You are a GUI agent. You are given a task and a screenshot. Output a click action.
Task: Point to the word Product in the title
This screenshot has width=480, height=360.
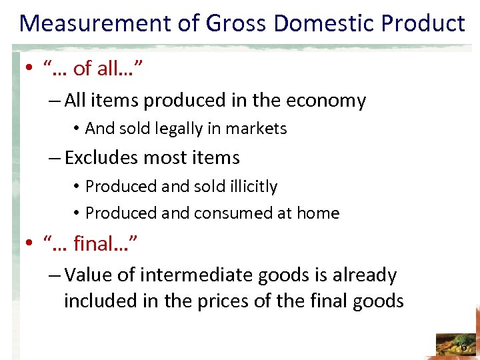(424, 24)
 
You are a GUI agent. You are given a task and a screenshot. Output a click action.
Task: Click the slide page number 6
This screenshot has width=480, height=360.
(464, 347)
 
